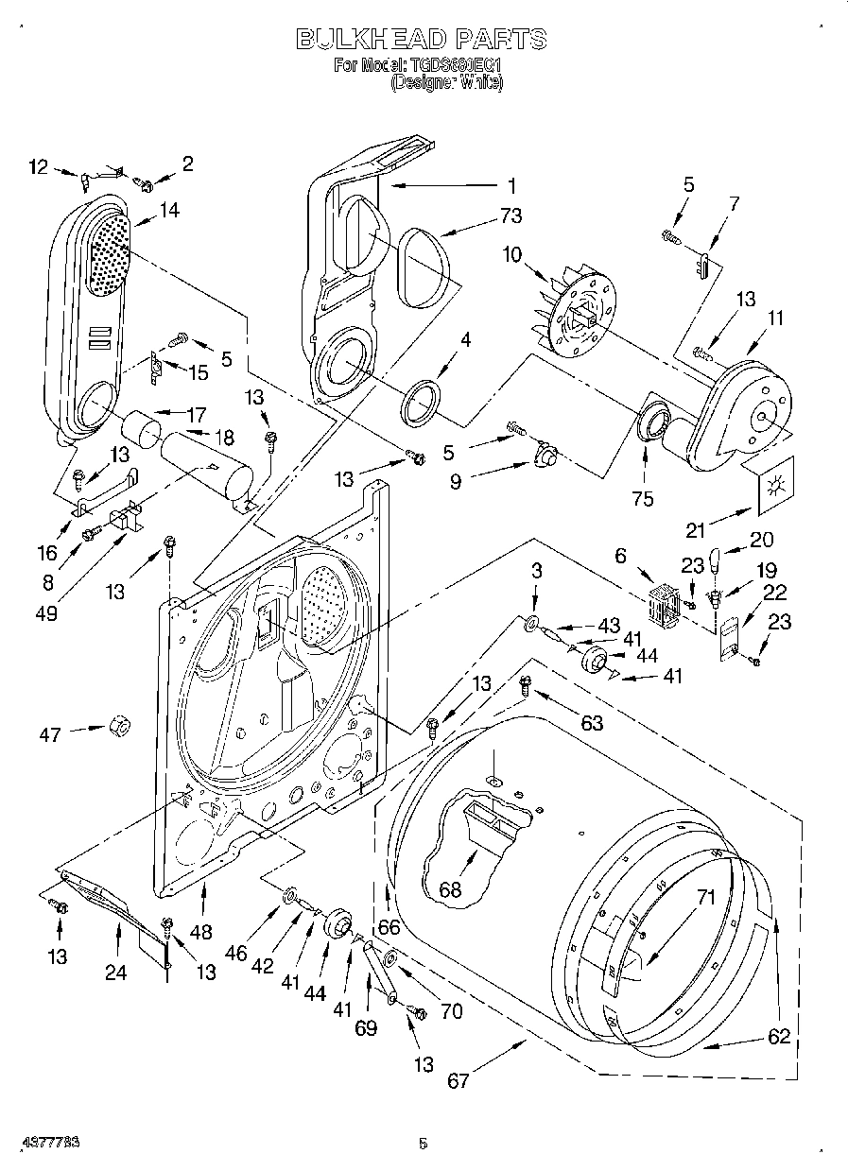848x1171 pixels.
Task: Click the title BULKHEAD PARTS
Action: point(422,39)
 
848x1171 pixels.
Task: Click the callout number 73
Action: point(510,215)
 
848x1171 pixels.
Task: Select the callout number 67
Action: point(458,1080)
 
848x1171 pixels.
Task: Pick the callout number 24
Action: point(115,972)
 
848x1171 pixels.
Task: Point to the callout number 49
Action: point(44,612)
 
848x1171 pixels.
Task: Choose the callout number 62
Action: point(777,1036)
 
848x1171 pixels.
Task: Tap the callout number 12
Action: point(38,167)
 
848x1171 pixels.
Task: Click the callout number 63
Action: point(591,724)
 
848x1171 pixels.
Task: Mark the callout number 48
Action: point(200,932)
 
